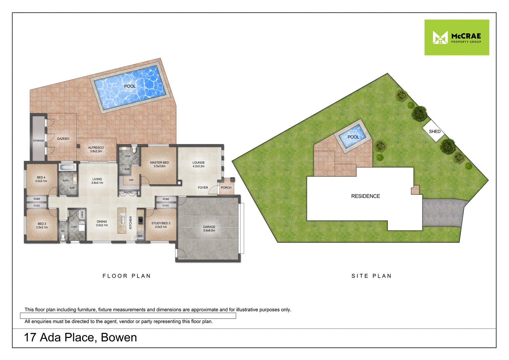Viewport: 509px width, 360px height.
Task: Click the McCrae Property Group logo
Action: point(457,37)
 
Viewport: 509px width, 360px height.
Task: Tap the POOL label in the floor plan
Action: point(130,86)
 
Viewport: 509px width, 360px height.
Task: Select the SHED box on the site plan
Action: point(434,131)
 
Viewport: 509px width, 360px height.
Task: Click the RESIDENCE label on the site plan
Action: point(365,196)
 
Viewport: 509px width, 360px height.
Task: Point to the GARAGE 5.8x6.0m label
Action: point(209,229)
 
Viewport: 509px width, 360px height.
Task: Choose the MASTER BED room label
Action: point(159,164)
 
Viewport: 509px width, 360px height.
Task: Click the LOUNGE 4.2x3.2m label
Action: point(199,164)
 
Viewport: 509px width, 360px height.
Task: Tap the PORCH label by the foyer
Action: point(226,188)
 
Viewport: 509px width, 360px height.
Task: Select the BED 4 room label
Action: point(41,179)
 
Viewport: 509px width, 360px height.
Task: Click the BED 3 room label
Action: point(42,225)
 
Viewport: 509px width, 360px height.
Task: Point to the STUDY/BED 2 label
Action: point(161,225)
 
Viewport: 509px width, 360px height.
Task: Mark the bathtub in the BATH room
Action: point(68,167)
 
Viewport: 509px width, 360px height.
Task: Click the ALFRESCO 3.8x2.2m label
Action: point(96,149)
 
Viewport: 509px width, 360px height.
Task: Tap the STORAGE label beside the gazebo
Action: point(38,140)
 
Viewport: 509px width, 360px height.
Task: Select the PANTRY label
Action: point(128,192)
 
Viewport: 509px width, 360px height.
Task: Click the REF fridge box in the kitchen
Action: point(140,236)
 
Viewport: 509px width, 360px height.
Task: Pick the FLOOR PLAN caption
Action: point(127,276)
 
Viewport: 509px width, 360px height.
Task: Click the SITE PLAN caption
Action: point(372,276)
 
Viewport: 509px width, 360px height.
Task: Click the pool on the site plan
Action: point(353,137)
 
